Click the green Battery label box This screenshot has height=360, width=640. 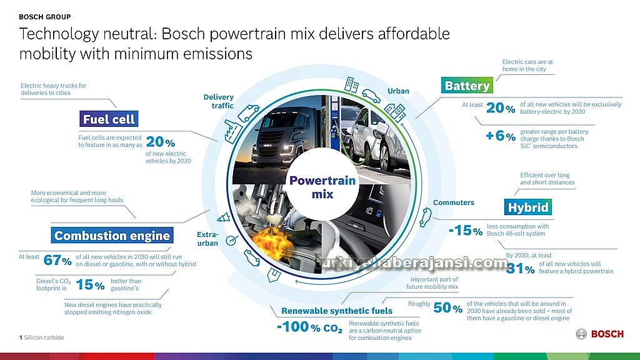pyautogui.click(x=467, y=85)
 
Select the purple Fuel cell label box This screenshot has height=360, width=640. pyautogui.click(x=109, y=119)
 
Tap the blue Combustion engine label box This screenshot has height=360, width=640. pyautogui.click(x=112, y=235)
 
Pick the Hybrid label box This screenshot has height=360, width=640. pyautogui.click(x=528, y=207)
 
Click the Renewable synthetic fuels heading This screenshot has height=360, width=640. pyautogui.click(x=337, y=311)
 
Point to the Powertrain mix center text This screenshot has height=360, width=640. pyautogui.click(x=322, y=187)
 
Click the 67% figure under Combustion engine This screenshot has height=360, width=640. pyautogui.click(x=57, y=260)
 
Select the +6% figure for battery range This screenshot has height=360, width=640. pyautogui.click(x=501, y=136)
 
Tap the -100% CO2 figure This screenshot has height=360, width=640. pyautogui.click(x=309, y=327)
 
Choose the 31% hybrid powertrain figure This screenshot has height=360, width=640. pyautogui.click(x=521, y=268)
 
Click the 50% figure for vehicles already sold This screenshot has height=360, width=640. pyautogui.click(x=447, y=307)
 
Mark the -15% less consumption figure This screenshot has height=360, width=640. pyautogui.click(x=466, y=230)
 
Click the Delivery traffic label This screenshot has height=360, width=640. pyautogui.click(x=219, y=101)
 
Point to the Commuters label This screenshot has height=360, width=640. pyautogui.click(x=454, y=202)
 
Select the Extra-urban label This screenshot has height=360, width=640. pyautogui.click(x=207, y=239)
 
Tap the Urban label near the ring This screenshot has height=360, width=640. pyautogui.click(x=398, y=91)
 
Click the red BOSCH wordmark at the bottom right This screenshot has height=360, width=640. pyautogui.click(x=607, y=334)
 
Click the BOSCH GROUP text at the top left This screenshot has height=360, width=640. pyautogui.click(x=45, y=17)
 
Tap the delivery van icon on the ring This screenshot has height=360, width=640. pyautogui.click(x=249, y=113)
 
